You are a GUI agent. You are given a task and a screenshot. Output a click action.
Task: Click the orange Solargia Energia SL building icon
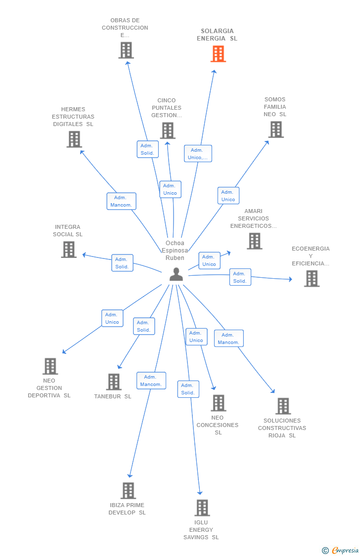point(218,54)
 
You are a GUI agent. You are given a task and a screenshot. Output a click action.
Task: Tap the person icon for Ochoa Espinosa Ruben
point(176,274)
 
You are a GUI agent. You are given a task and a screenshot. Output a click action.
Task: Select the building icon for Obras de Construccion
point(126,50)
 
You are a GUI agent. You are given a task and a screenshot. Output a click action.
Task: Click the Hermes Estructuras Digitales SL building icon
point(74,139)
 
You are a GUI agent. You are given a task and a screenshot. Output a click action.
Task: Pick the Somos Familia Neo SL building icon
point(276,129)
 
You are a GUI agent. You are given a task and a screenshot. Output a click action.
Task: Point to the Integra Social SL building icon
point(69,250)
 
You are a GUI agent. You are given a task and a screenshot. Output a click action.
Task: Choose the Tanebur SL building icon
point(114,382)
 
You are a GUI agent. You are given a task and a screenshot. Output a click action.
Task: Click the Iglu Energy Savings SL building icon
point(202,508)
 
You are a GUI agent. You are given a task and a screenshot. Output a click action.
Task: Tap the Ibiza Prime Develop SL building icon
point(128,490)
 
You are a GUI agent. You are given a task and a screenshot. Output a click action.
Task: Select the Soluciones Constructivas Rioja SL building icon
point(283,406)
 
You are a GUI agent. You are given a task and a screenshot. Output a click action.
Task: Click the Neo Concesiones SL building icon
point(218,403)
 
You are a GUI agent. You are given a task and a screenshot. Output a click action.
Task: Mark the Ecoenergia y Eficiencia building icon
point(312,279)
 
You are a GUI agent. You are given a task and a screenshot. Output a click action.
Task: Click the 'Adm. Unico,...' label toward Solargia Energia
point(198,154)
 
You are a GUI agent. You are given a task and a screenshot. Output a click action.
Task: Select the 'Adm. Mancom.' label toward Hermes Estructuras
point(121,201)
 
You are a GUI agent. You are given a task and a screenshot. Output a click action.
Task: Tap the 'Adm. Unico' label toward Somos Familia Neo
point(228,196)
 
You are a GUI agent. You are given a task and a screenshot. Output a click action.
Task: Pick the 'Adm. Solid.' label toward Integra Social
point(122,263)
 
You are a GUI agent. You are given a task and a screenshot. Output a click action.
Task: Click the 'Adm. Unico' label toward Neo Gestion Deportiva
point(112,318)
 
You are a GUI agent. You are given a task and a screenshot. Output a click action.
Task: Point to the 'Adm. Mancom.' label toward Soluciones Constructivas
point(228,339)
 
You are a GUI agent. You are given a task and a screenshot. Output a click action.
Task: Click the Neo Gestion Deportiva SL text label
point(49,388)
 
